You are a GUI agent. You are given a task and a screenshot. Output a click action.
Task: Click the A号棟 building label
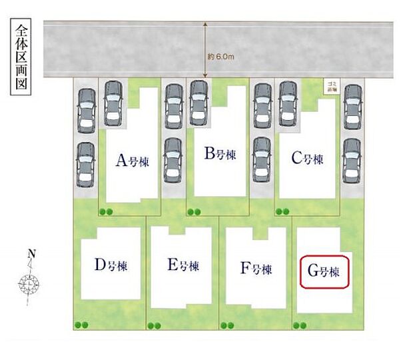pyautogui.click(x=132, y=161)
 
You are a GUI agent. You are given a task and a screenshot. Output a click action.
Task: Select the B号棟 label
pyautogui.click(x=220, y=155)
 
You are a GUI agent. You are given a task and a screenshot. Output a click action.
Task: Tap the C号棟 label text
pyautogui.click(x=307, y=159)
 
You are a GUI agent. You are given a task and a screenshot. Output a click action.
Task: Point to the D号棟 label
pyautogui.click(x=111, y=265)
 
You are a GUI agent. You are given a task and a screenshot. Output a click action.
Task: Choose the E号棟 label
pyautogui.click(x=183, y=265)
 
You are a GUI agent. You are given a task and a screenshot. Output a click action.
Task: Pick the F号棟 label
pyautogui.click(x=256, y=269)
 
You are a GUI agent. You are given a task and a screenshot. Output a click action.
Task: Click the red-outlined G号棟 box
pyautogui.click(x=324, y=272)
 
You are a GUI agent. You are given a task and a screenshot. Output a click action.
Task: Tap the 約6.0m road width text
pyautogui.click(x=221, y=57)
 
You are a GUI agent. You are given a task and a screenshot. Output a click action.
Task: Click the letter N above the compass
pyautogui.click(x=31, y=254)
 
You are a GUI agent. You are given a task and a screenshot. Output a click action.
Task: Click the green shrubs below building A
pyautogui.click(x=106, y=212)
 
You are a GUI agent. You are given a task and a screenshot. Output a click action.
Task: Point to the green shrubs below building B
pyautogui.click(x=194, y=212)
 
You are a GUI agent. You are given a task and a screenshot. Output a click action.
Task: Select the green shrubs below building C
pyautogui.click(x=282, y=212)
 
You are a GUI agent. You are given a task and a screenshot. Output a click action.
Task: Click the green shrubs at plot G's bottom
pyautogui.click(x=300, y=325)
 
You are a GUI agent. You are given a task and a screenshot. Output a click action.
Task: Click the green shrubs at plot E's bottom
pyautogui.click(x=155, y=325)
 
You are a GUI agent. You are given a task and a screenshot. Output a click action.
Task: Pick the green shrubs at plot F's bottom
pyautogui.click(x=226, y=325)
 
